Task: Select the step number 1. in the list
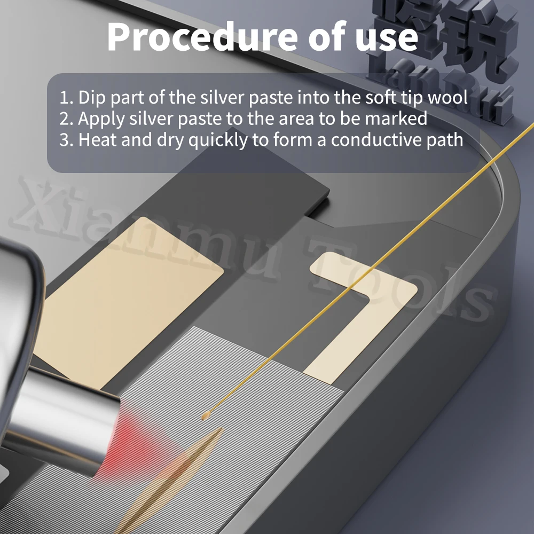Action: point(66,98)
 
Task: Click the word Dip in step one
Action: point(91,98)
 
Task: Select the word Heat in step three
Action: point(96,140)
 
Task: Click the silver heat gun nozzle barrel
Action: point(64,417)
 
